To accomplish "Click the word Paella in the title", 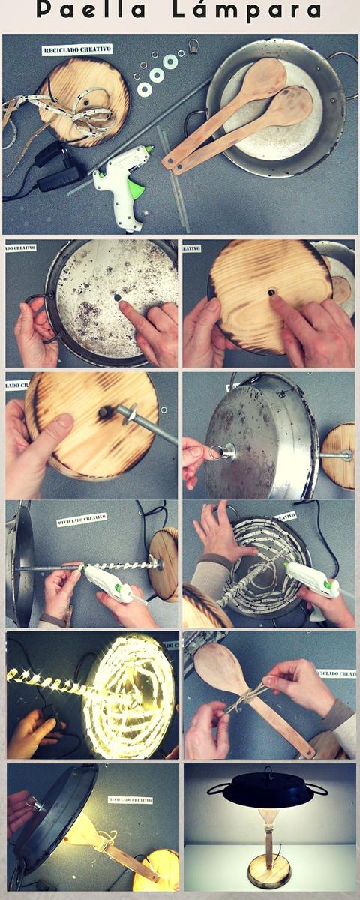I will (92, 11).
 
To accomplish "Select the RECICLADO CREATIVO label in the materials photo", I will (77, 49).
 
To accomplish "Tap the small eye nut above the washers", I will (194, 46).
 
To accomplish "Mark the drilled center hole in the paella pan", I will (117, 298).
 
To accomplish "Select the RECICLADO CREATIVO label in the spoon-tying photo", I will (335, 674).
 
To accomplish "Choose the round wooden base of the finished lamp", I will (269, 874).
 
